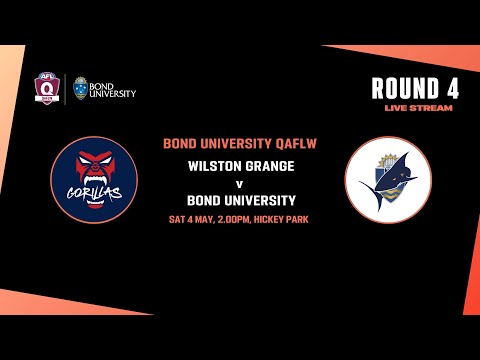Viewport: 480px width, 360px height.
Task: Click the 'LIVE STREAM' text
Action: (x=418, y=107)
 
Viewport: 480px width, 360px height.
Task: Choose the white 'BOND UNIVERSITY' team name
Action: (x=240, y=200)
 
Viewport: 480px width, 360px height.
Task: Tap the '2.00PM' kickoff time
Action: (x=245, y=219)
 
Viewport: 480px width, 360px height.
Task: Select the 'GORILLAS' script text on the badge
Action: (x=94, y=188)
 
